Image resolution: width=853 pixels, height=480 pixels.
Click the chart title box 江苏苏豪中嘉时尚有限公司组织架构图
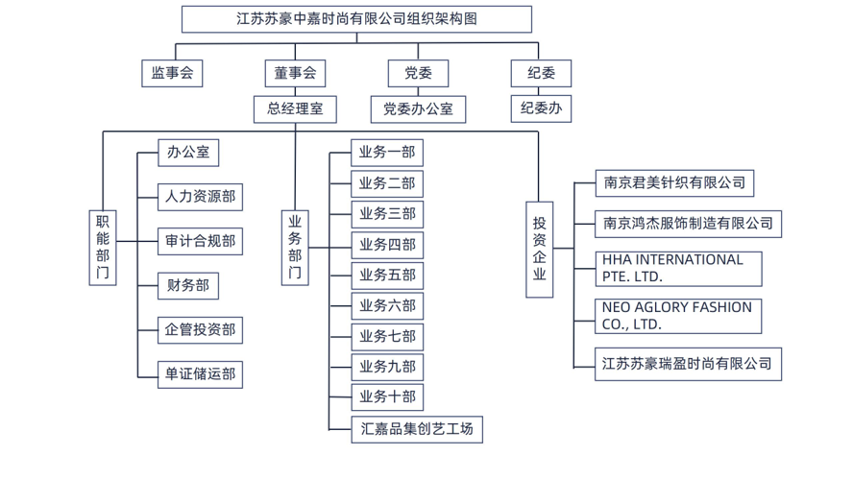coord(356,19)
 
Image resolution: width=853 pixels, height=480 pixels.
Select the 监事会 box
coord(172,74)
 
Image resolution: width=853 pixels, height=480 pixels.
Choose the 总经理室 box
coord(295,108)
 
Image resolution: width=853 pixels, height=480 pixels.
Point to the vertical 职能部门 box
coord(103,247)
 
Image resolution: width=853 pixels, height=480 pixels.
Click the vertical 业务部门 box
coord(295,247)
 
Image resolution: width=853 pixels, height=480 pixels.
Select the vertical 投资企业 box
coord(540,248)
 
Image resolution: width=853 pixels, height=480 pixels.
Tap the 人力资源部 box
coord(200,197)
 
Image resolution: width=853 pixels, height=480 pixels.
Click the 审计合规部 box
coord(200,241)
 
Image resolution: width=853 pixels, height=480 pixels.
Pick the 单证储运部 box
coord(200,373)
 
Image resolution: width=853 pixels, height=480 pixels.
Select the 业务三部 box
coord(387,213)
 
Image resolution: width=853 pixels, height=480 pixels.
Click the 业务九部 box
coord(387,366)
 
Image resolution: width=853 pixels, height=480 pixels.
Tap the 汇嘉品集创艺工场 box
coord(417,428)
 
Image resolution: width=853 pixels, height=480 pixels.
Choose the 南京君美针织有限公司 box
coord(674,182)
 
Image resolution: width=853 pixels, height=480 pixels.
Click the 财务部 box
coord(187,285)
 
